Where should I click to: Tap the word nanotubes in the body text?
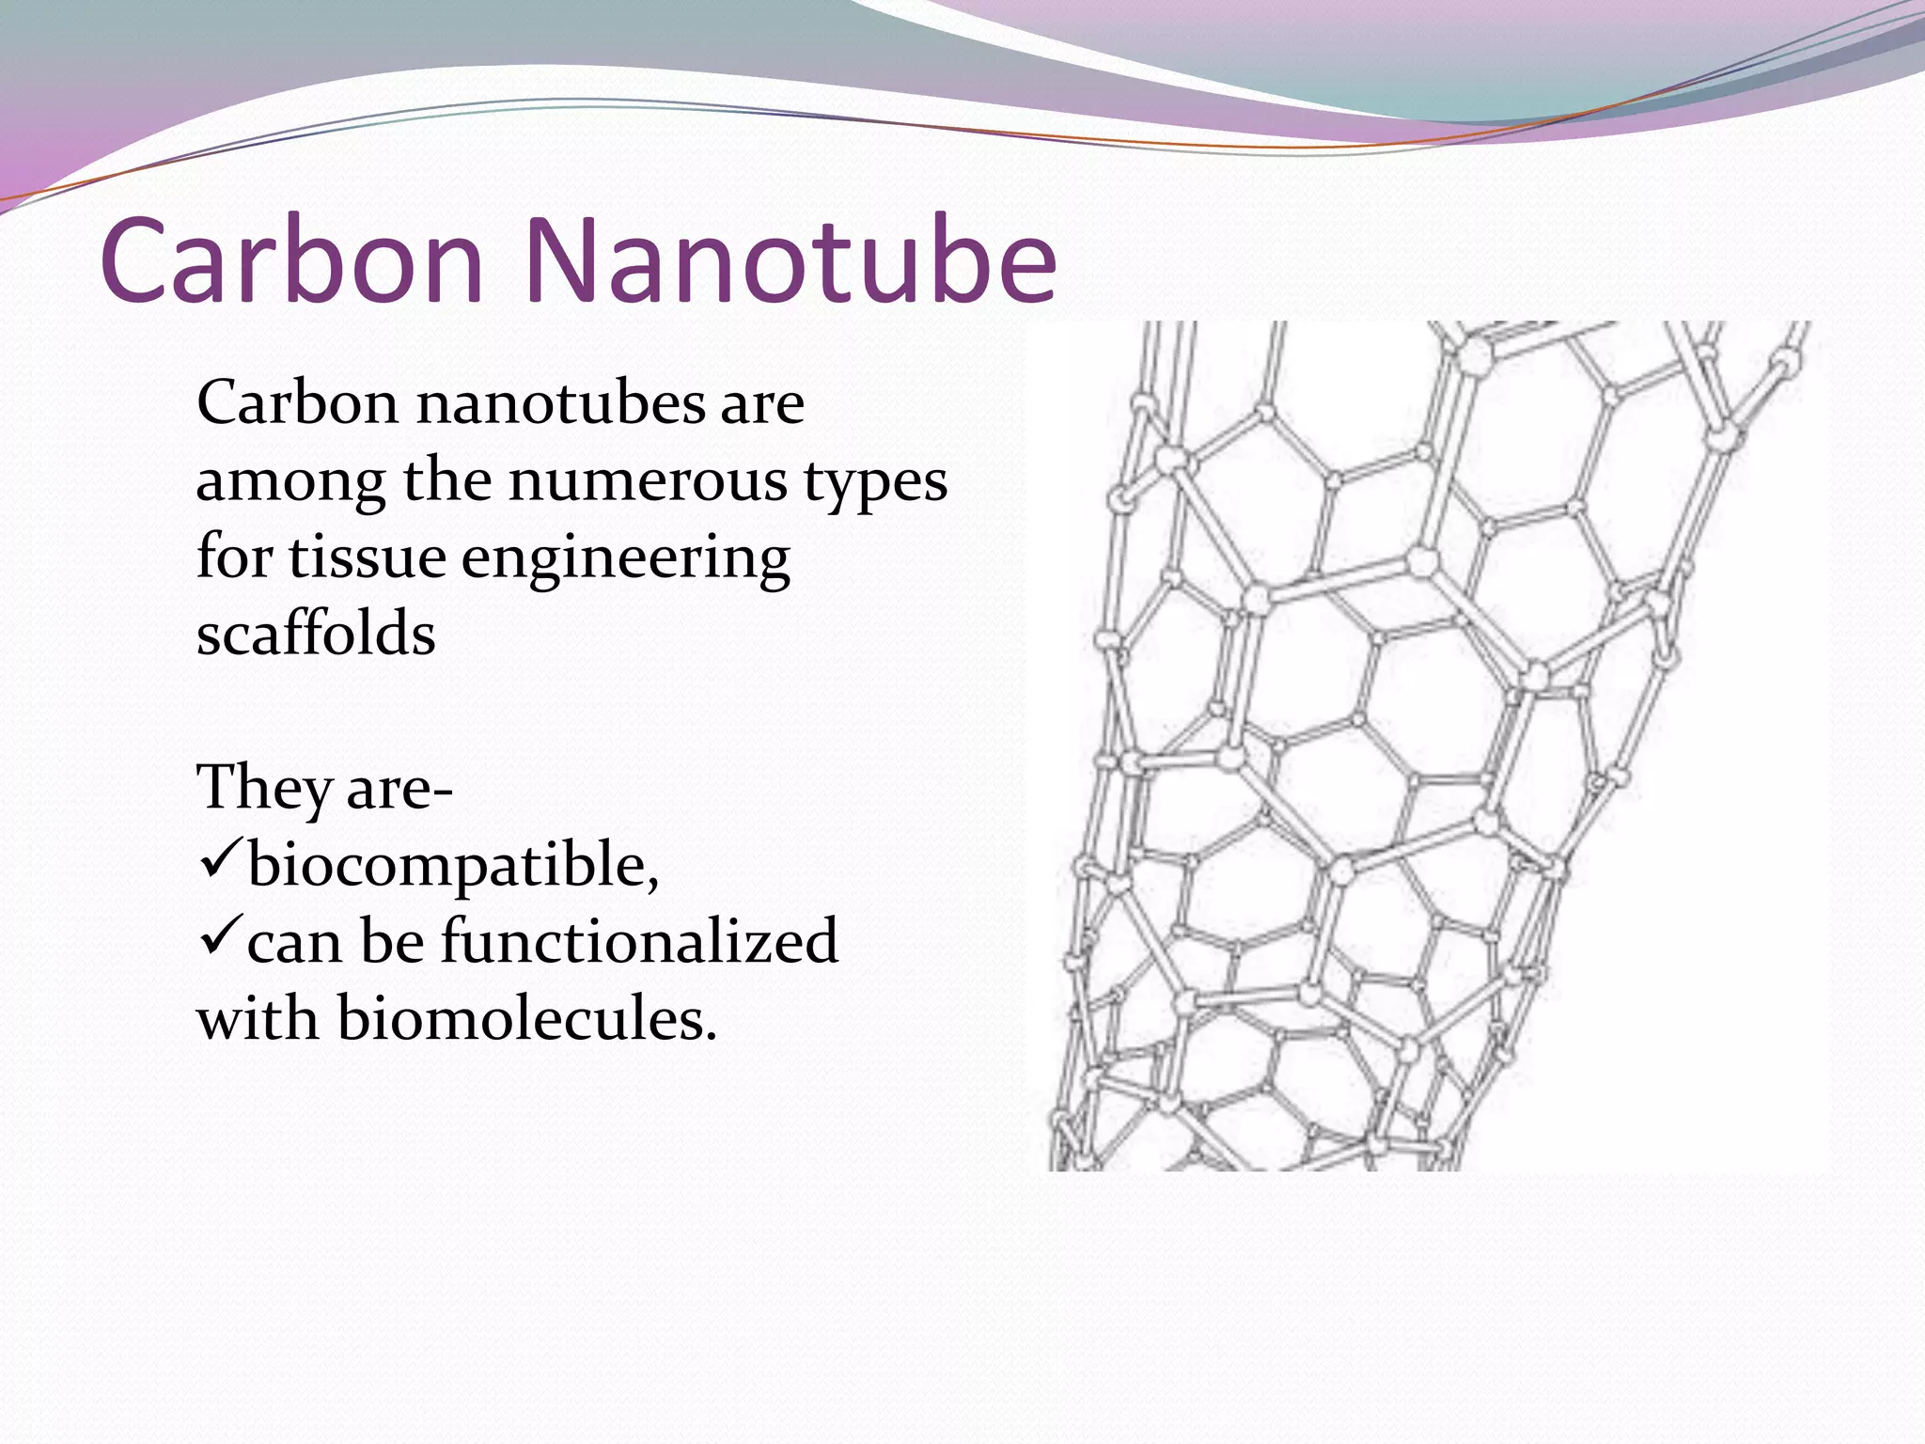[560, 404]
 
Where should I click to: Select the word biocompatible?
[452, 867]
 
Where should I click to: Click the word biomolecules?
[526, 1018]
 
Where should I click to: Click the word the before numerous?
[447, 481]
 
